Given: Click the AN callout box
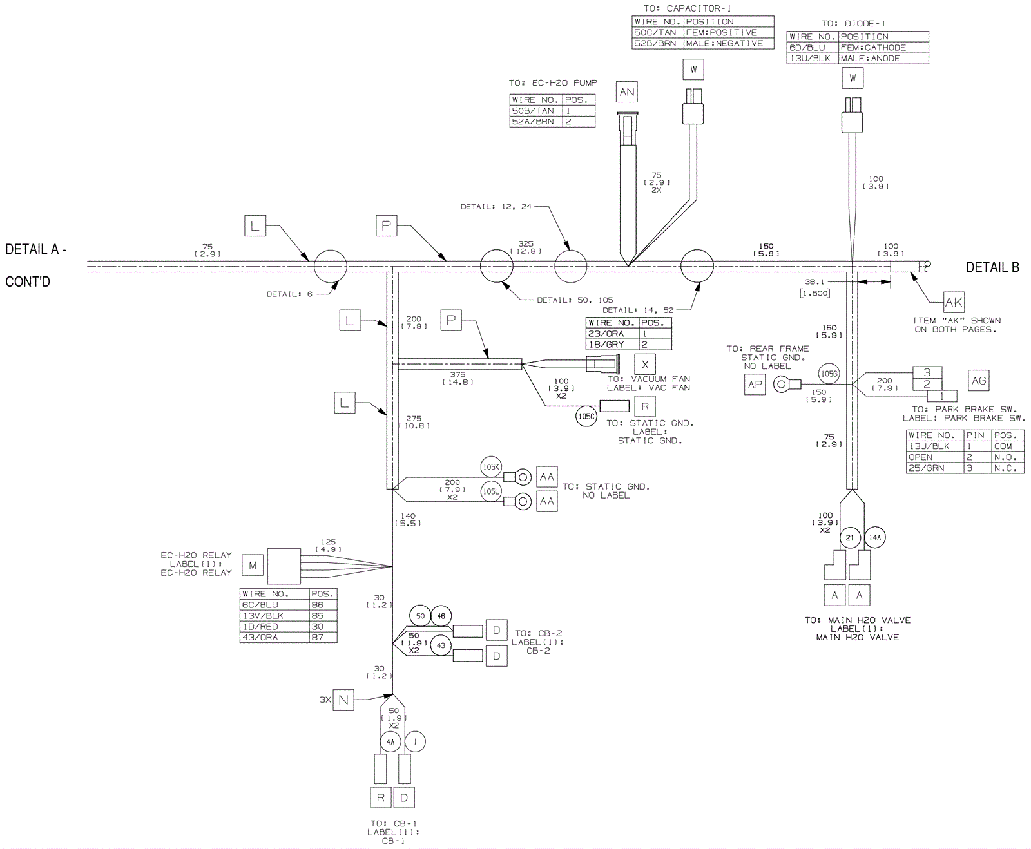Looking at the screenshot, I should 626,92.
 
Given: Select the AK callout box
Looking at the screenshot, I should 954,302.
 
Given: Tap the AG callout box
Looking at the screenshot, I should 979,381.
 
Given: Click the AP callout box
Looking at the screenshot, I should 755,385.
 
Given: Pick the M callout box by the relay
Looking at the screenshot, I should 253,566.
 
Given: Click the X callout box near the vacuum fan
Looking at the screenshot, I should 645,365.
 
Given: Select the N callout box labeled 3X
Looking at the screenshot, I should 343,700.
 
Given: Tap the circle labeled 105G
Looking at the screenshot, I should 829,374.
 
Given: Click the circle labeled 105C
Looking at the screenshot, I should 586,416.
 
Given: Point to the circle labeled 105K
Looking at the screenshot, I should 491,467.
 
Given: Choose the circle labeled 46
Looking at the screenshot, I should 441,616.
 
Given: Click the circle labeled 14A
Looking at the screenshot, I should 875,537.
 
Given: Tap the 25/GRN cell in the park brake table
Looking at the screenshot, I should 934,468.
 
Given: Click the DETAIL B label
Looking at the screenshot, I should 992,267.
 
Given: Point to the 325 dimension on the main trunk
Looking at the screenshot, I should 526,244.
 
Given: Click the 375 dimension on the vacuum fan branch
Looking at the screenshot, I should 458,374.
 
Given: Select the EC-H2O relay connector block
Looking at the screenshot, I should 284,566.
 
